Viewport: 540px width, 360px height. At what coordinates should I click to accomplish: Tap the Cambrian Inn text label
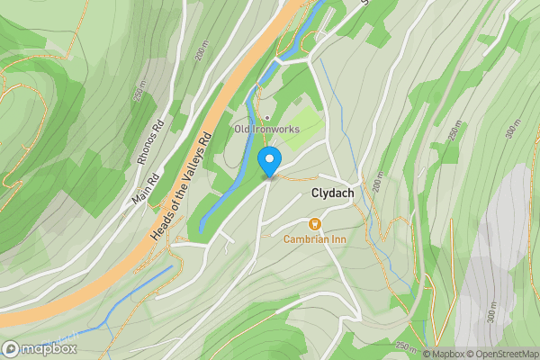click(x=314, y=239)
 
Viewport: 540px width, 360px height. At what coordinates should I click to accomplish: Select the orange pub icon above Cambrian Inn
click(x=315, y=223)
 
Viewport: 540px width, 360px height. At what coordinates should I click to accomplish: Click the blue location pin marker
click(x=269, y=162)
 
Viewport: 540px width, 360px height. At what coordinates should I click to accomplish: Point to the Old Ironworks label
click(x=266, y=130)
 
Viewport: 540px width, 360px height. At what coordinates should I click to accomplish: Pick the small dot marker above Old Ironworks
click(x=266, y=117)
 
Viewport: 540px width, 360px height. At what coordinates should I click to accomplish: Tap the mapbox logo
click(x=39, y=348)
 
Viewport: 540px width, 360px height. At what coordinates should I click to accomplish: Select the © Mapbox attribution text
click(x=444, y=354)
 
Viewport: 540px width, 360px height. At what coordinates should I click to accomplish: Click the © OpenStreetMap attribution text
click(x=502, y=354)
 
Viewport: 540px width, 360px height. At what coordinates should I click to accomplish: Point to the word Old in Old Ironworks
click(x=242, y=130)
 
